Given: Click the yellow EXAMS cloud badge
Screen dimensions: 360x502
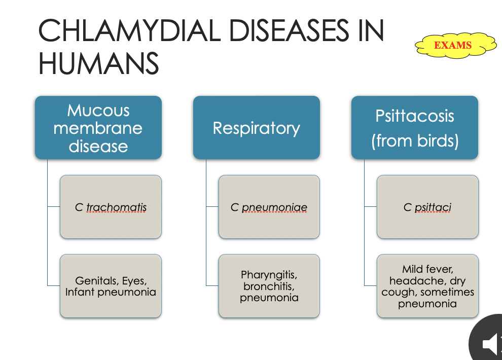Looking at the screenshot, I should [453, 46].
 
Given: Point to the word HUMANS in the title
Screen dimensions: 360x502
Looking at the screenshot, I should [98, 64].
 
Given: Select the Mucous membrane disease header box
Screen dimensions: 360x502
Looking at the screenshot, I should [98, 128].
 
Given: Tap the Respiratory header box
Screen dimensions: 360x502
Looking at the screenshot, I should [256, 128].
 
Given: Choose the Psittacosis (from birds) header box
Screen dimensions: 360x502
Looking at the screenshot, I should [414, 128].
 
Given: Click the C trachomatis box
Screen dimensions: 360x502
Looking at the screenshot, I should [111, 207].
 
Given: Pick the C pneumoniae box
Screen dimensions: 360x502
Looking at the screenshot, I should [269, 207].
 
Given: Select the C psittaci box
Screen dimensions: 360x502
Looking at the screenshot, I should [427, 207].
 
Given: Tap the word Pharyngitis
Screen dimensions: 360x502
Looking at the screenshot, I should [269, 275].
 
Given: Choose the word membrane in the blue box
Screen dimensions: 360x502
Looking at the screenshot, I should [98, 128].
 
